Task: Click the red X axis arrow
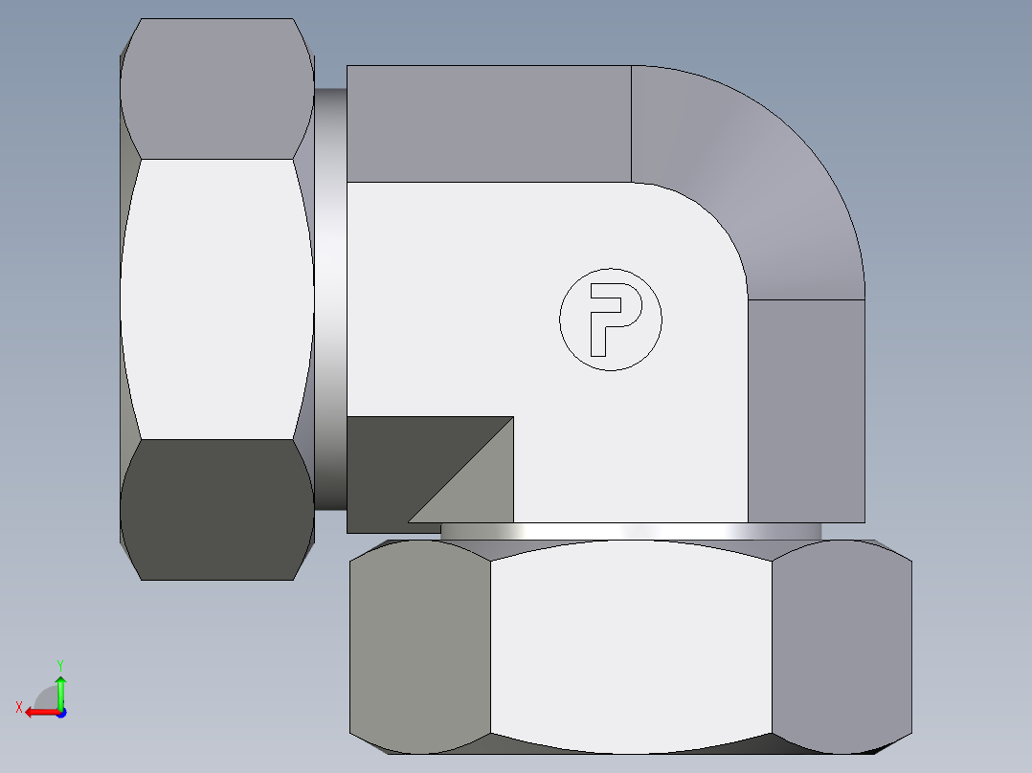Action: (38, 712)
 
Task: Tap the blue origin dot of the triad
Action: (60, 712)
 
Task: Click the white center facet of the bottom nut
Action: (630, 646)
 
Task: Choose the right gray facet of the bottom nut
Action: (841, 646)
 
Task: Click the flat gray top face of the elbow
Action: (488, 122)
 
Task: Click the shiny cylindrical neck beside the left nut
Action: (329, 297)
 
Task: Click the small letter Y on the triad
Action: (59, 664)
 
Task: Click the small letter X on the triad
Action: (18, 707)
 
